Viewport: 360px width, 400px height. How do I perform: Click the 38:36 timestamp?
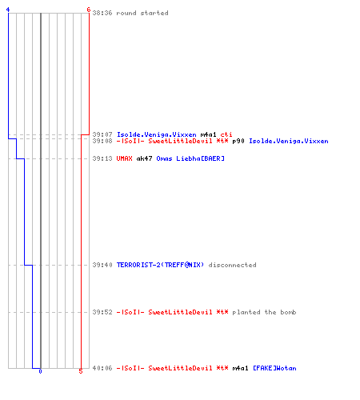pos(102,13)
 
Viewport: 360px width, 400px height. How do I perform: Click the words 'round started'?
pos(142,13)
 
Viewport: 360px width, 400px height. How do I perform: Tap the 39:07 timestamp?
pos(102,134)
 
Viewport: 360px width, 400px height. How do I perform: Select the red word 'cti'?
pos(226,134)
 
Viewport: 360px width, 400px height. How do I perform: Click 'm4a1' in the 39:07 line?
pos(208,134)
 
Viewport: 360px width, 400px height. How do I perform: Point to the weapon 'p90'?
pos(238,141)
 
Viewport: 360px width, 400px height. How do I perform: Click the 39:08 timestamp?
pos(102,141)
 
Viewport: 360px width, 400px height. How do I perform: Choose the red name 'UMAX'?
pos(124,158)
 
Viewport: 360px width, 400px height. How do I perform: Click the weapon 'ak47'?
pos(144,158)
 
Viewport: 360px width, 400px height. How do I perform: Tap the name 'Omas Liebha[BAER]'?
pos(190,158)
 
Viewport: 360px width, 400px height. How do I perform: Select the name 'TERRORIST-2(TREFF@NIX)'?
pos(160,265)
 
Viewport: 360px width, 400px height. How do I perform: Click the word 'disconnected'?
pos(232,265)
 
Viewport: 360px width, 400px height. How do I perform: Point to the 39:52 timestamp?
pos(102,312)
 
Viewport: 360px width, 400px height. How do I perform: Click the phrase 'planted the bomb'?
pos(264,312)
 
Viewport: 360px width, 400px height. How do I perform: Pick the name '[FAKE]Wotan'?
pos(274,368)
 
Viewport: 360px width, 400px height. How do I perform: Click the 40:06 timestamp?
pos(102,368)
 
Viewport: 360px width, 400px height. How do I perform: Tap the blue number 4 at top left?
pos(8,10)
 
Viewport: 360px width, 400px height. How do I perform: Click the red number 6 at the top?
pos(89,10)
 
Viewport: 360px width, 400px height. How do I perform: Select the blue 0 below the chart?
pos(40,371)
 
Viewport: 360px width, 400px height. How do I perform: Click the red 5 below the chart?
pos(81,371)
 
